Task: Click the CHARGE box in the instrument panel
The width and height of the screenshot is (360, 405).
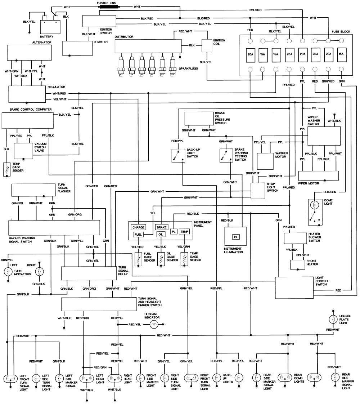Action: point(139,227)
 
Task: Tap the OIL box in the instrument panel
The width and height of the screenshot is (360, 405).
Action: point(161,235)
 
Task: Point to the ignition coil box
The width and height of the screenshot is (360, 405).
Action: point(207,45)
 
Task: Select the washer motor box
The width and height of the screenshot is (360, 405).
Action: point(266,161)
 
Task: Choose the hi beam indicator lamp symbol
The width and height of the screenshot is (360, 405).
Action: point(154,325)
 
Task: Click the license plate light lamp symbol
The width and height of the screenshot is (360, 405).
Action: point(332,319)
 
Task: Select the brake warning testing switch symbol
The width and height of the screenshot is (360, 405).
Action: point(225,155)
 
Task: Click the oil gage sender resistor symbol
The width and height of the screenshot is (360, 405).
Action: point(161,259)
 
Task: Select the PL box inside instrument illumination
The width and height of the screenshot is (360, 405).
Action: point(236,237)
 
